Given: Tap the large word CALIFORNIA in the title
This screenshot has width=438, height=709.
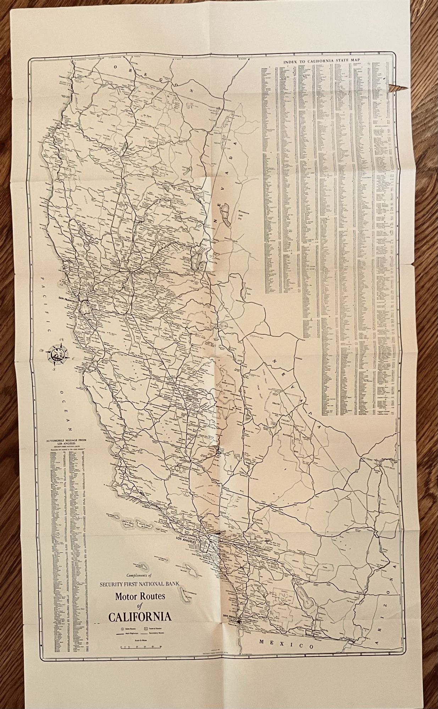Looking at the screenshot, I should [140, 617].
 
